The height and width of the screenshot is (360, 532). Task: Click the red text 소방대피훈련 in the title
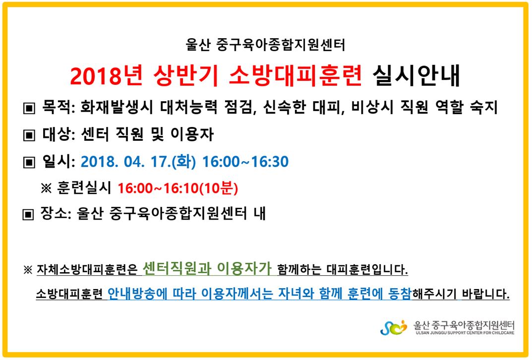point(295,75)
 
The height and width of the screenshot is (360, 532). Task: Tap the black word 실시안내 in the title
point(416,75)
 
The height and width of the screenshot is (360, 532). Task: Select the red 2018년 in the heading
point(107,75)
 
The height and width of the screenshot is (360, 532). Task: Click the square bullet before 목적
point(29,108)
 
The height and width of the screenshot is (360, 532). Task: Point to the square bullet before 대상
point(29,135)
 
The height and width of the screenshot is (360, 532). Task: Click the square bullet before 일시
point(29,162)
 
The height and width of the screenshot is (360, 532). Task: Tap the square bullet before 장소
point(28,214)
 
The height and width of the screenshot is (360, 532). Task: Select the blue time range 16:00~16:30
point(245,162)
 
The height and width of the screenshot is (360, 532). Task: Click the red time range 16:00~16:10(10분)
point(178,188)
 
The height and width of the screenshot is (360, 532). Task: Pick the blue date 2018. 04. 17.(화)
point(138,162)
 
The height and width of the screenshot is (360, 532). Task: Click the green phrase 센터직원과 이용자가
point(207,268)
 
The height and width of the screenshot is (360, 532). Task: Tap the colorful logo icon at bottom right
point(394,328)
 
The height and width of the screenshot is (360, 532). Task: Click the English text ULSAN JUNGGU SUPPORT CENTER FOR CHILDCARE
point(465,333)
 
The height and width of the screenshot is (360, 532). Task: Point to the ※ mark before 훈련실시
point(46,188)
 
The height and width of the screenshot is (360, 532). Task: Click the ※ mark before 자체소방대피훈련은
point(28,270)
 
